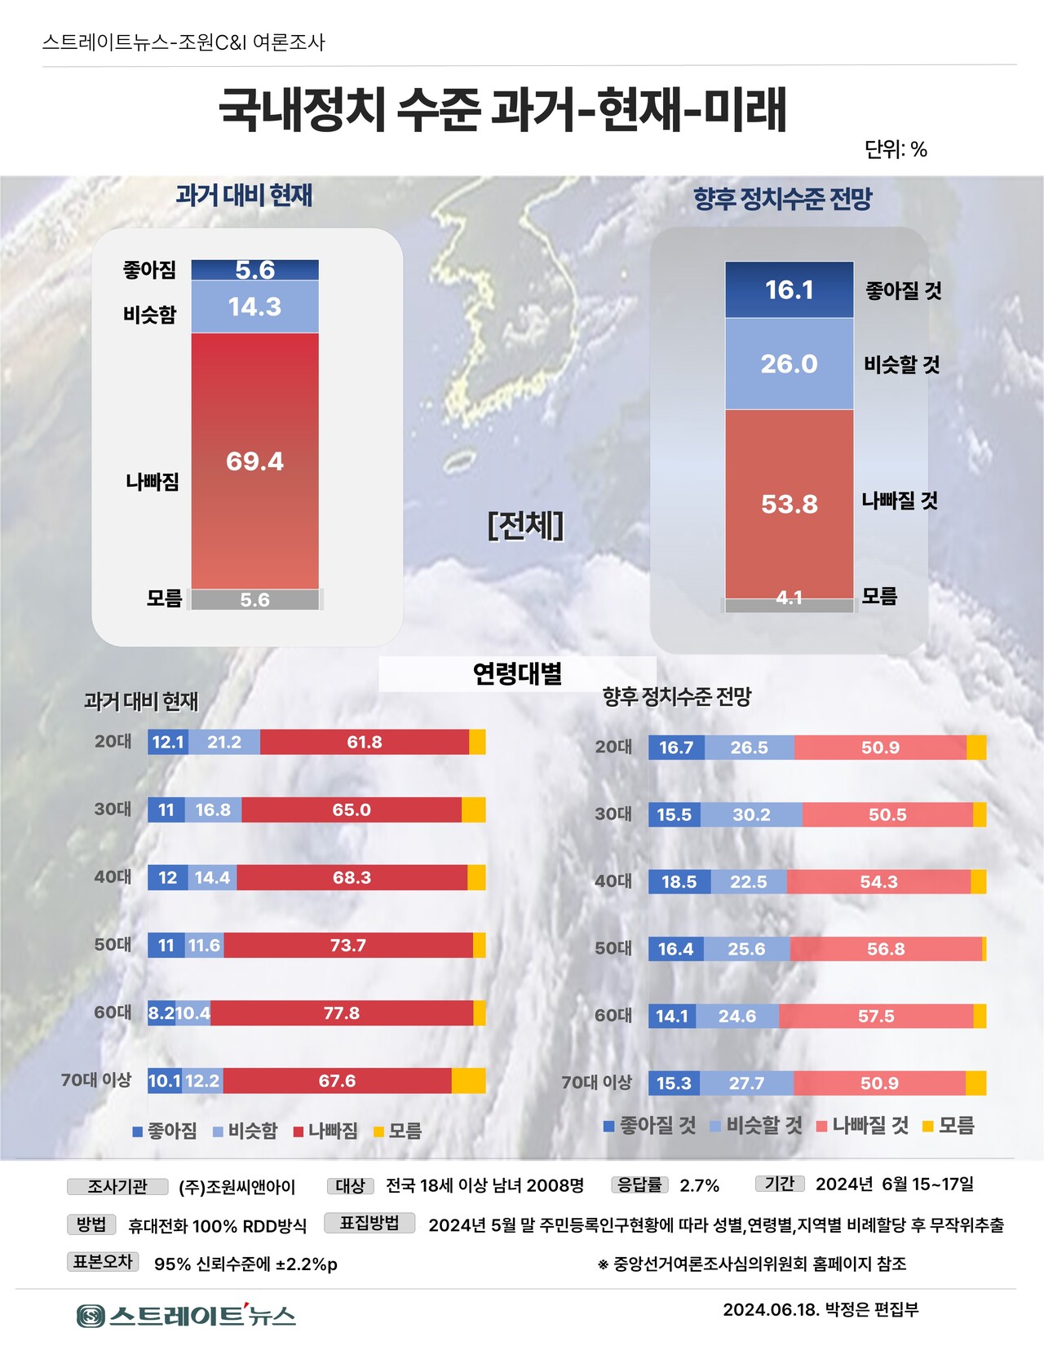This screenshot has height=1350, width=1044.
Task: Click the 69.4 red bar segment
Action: [x=254, y=461]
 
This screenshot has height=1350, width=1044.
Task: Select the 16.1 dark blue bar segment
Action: [x=789, y=289]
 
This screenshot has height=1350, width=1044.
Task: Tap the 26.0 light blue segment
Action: [x=789, y=364]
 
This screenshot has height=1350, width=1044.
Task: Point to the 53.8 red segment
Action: [x=789, y=504]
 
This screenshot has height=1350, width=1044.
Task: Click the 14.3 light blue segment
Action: [x=254, y=307]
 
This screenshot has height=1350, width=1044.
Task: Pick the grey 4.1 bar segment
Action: [x=789, y=604]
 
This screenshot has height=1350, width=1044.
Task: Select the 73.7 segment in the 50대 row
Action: [x=348, y=946]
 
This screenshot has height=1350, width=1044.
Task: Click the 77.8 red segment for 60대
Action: [x=342, y=1013]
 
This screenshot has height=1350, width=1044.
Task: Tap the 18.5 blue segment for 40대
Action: [x=679, y=882]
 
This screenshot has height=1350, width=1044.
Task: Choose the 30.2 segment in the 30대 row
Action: [x=751, y=814]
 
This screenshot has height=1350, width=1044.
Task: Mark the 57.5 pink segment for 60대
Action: [x=876, y=1017]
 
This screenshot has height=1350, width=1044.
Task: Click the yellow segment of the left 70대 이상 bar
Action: [x=468, y=1081]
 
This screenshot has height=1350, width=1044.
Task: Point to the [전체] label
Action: [x=525, y=526]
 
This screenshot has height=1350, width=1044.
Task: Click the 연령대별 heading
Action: [x=518, y=674]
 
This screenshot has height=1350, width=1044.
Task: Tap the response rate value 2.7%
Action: [x=700, y=1185]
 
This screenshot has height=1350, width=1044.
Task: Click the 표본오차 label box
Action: [x=103, y=1262]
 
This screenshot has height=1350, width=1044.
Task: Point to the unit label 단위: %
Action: [x=896, y=149]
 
